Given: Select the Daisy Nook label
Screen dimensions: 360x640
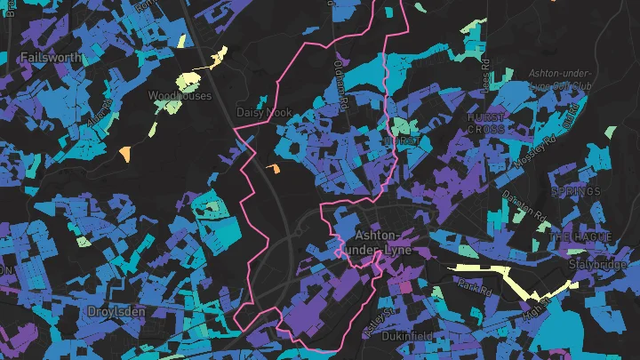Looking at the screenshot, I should [x=264, y=113].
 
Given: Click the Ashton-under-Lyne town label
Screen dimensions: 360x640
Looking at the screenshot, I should [x=385, y=243].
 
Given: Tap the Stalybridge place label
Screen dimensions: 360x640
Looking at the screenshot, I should [x=605, y=264].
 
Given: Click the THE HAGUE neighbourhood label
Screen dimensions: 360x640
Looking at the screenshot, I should [x=575, y=237].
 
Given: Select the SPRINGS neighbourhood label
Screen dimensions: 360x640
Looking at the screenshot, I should [x=575, y=191].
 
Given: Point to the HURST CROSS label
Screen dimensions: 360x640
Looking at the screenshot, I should [x=486, y=123].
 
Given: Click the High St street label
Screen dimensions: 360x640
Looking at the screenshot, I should [x=535, y=308].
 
